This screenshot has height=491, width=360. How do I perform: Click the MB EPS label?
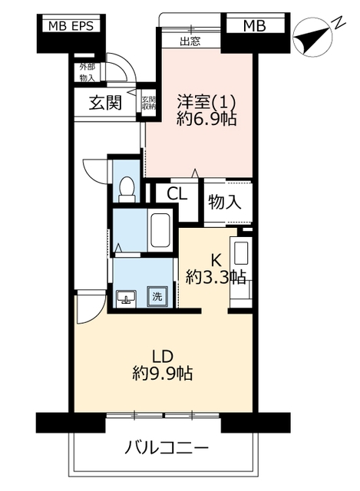click(71, 26)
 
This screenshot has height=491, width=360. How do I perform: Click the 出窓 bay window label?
click(190, 41)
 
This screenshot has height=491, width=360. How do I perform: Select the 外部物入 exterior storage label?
click(87, 72)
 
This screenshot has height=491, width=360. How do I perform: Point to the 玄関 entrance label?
click(105, 102)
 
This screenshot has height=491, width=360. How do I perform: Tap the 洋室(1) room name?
click(206, 102)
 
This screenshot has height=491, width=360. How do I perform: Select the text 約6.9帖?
click(206, 119)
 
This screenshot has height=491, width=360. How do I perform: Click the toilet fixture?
click(127, 189)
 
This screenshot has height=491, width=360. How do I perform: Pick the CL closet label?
click(177, 194)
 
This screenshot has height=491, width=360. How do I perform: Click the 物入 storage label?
click(225, 201)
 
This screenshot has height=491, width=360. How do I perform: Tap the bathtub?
click(160, 230)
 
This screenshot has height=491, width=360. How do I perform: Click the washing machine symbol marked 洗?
click(157, 296)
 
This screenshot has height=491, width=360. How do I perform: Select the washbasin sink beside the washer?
click(126, 298)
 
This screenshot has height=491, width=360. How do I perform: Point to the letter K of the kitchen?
click(216, 259)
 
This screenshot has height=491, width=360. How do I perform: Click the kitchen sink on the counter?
click(241, 251)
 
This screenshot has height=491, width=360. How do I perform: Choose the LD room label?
click(162, 356)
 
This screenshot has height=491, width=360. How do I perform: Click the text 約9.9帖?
click(162, 373)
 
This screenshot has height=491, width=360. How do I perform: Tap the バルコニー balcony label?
click(167, 448)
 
